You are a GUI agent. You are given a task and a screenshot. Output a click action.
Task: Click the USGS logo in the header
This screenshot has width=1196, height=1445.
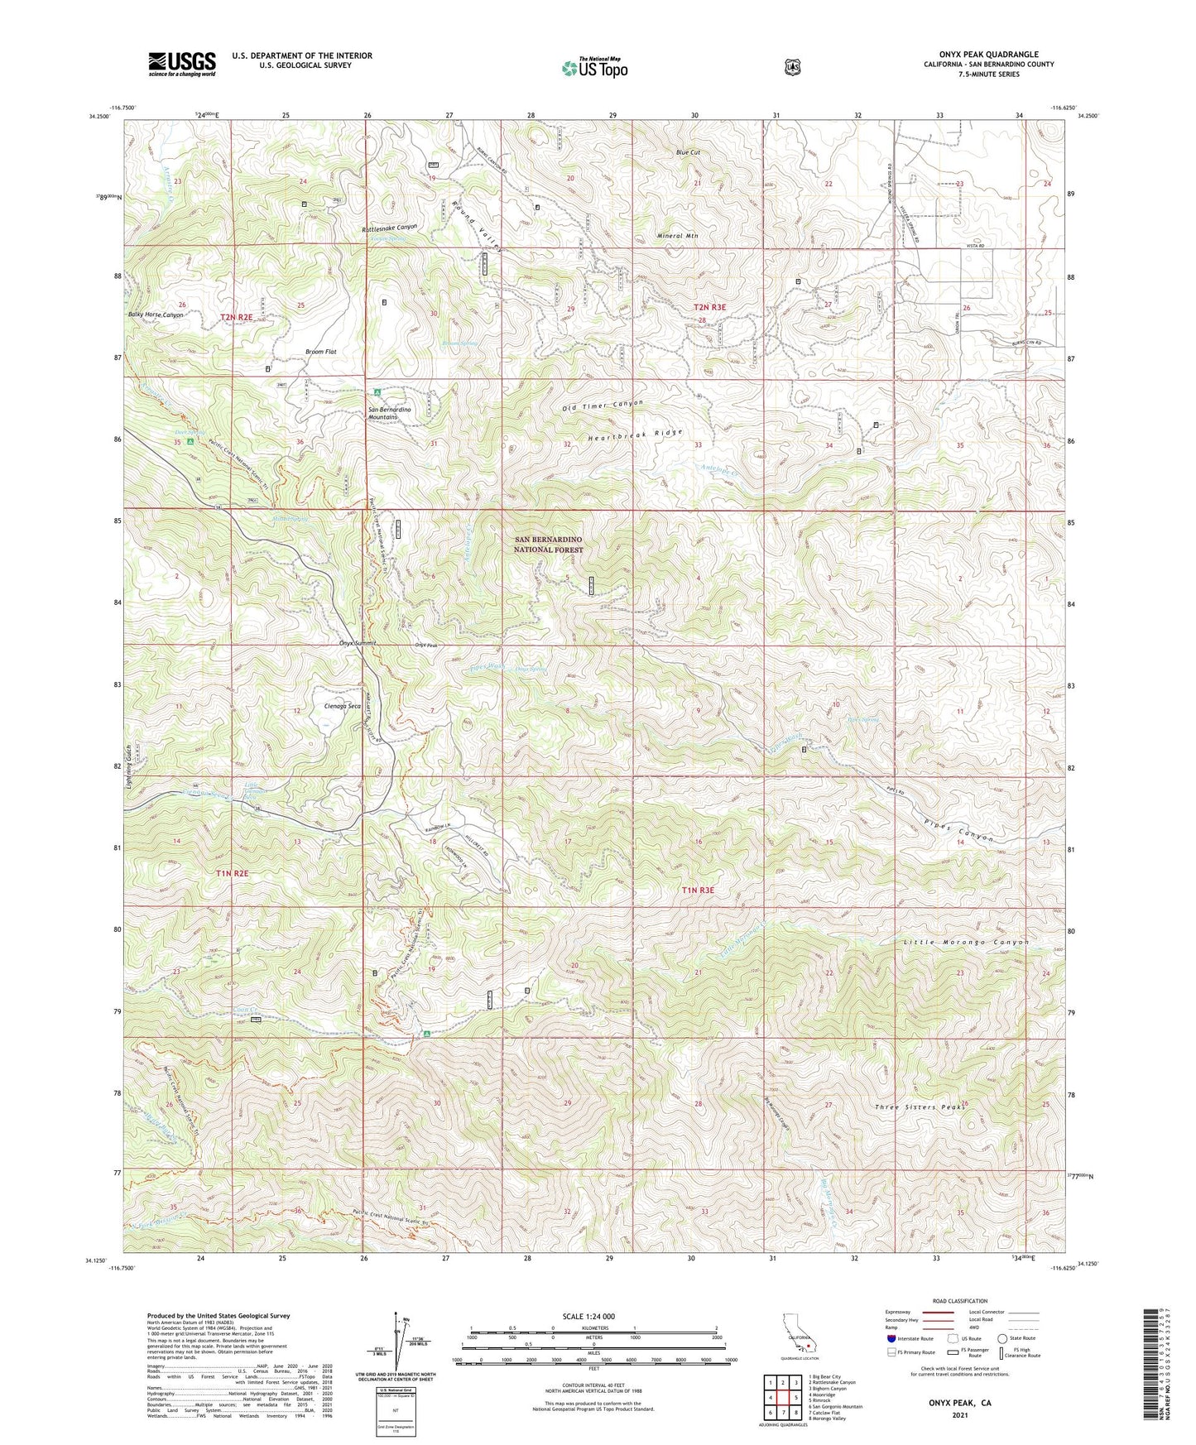coord(181,64)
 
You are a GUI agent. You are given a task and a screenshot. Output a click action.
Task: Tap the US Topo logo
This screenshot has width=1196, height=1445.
coord(593,68)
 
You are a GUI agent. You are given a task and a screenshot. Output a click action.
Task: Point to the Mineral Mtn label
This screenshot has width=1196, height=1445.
coord(677,236)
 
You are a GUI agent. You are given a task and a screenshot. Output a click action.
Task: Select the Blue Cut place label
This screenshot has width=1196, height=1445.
coord(688,153)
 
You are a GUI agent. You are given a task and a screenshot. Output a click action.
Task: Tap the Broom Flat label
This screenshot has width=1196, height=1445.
coord(320,352)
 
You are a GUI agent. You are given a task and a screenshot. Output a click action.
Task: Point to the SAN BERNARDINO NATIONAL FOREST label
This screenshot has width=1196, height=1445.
coord(548,545)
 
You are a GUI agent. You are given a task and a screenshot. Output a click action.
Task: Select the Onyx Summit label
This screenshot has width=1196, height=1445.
coord(358,643)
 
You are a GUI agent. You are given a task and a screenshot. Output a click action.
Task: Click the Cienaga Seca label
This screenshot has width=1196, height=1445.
coord(343,706)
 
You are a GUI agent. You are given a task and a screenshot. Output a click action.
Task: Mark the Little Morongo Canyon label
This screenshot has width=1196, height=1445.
coord(965,943)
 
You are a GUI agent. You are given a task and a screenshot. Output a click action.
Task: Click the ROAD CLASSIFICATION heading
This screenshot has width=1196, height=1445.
coord(959,1301)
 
